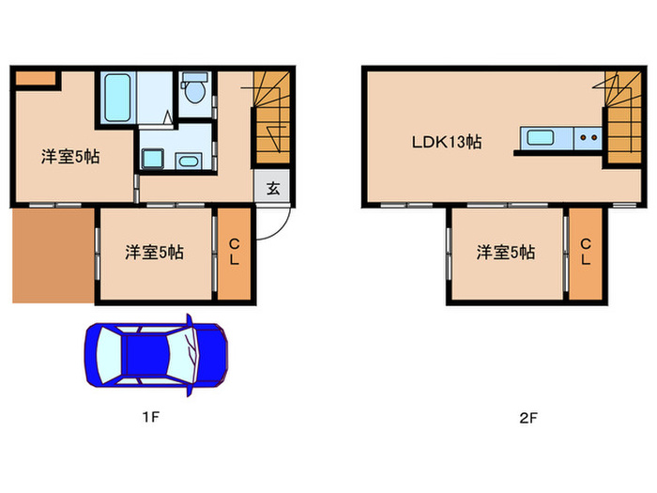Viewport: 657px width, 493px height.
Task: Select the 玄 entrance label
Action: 272,187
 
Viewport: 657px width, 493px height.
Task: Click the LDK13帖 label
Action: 447,143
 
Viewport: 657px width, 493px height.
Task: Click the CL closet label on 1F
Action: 235,252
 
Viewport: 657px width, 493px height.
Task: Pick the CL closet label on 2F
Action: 585,252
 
